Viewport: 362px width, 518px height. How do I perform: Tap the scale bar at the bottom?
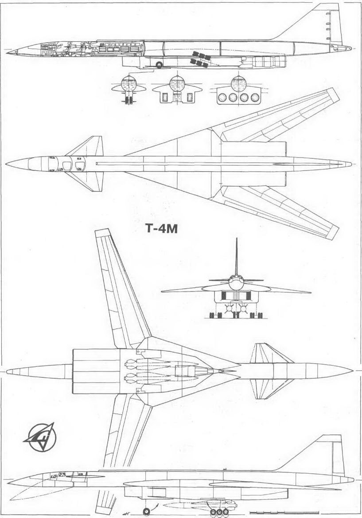(284, 513)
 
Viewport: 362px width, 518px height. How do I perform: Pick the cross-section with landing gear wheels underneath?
(129, 90)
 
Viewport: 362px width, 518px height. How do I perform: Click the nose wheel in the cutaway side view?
(159, 65)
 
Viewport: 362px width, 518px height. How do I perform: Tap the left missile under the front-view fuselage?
(229, 307)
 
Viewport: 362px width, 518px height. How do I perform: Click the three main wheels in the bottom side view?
(218, 512)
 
